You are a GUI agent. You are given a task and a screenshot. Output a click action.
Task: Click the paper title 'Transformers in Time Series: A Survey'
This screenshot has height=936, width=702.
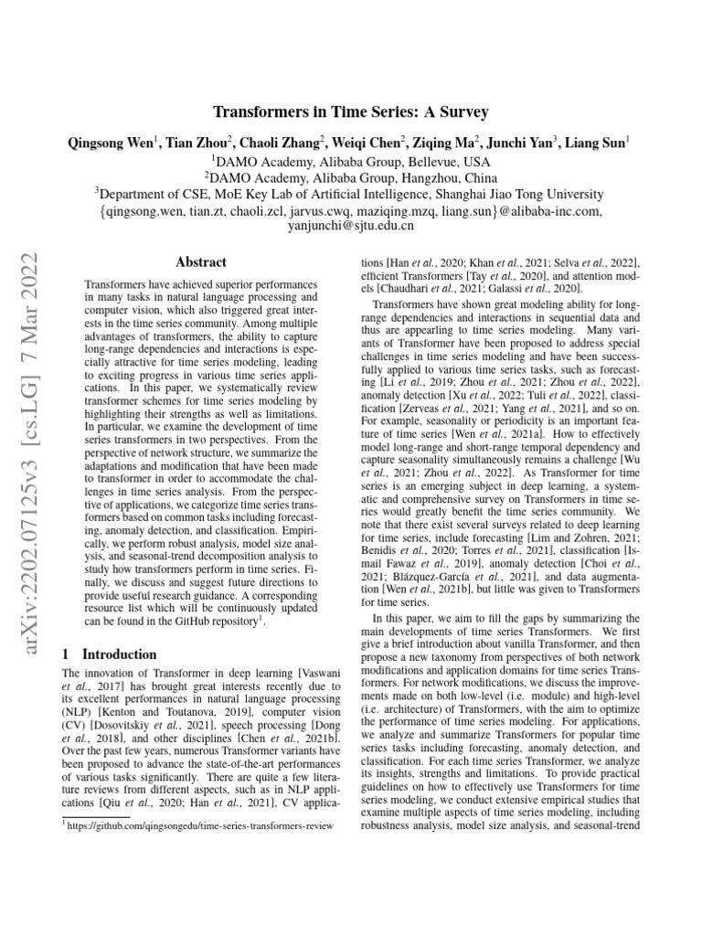tap(351, 112)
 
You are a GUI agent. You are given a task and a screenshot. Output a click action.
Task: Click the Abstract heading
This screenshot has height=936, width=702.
tap(200, 261)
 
